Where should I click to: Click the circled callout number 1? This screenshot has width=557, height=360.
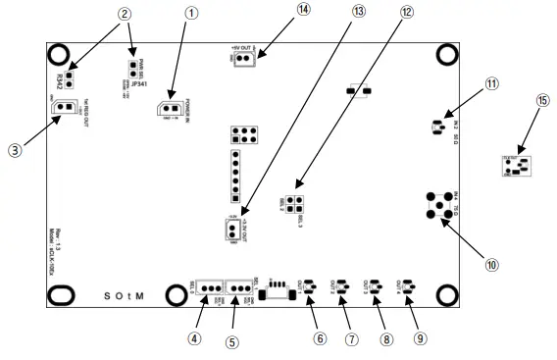click(x=191, y=13)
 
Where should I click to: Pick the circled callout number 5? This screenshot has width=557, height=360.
click(x=232, y=342)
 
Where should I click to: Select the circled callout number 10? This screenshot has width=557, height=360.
click(x=491, y=262)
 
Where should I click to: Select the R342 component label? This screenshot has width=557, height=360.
click(x=61, y=78)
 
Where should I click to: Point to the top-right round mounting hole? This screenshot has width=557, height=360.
click(x=447, y=54)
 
